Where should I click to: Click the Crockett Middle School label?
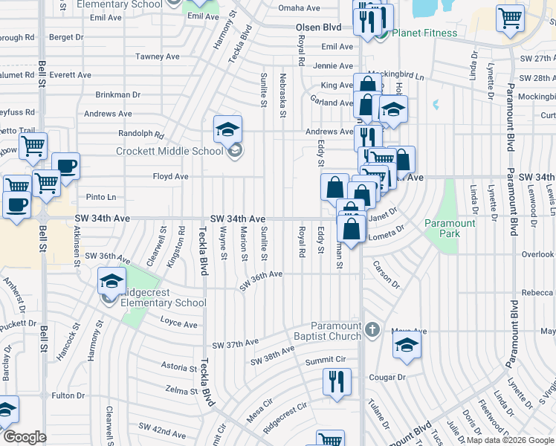[169, 152]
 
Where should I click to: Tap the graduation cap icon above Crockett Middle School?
[228, 130]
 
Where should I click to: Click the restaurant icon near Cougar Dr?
[337, 382]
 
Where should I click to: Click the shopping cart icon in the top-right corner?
[510, 18]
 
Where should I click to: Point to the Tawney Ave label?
[157, 56]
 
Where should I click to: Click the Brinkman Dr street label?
[117, 94]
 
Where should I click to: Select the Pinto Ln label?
[101, 197]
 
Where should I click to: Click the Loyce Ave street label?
[178, 324]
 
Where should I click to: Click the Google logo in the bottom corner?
[25, 437]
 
